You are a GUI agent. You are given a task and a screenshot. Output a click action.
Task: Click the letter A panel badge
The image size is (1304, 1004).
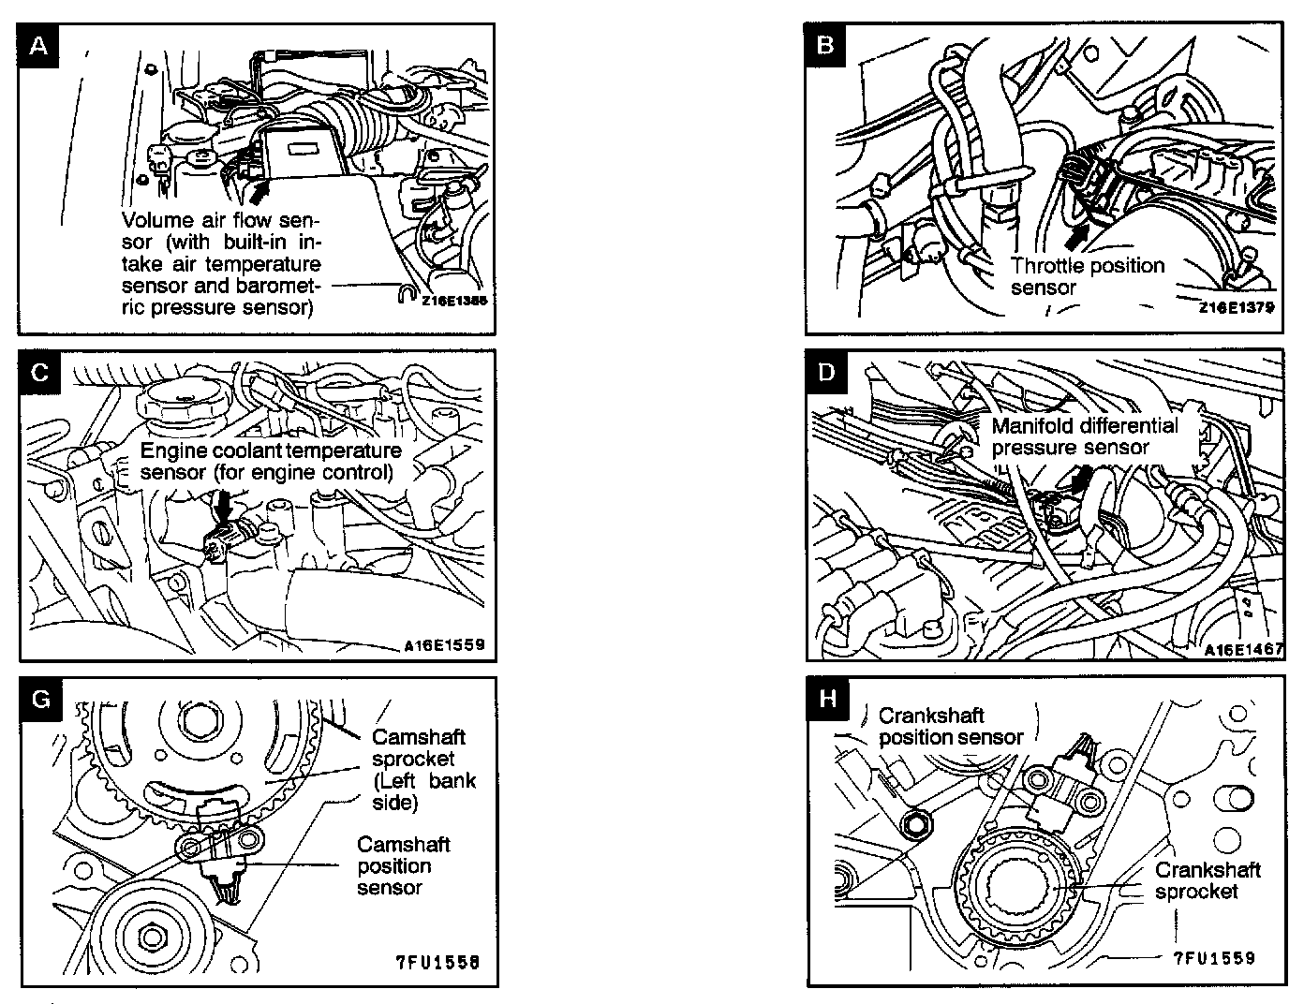click(x=39, y=46)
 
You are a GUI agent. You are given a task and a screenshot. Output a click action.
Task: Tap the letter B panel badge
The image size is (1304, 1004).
click(x=825, y=45)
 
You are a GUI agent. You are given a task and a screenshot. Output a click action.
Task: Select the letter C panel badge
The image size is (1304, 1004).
click(x=39, y=372)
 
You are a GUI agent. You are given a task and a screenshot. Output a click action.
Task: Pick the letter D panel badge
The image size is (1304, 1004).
click(x=826, y=372)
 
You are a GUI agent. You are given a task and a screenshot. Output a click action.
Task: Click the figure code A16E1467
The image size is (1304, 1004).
click(x=1243, y=649)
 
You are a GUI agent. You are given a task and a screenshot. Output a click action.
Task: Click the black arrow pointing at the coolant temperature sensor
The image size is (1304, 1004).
click(x=223, y=507)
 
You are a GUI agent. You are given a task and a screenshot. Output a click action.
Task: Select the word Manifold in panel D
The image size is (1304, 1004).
click(x=1033, y=425)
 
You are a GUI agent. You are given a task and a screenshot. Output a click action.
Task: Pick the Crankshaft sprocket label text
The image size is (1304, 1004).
click(x=1207, y=880)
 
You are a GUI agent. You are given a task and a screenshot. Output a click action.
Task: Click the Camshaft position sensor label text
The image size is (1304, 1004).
click(x=403, y=865)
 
